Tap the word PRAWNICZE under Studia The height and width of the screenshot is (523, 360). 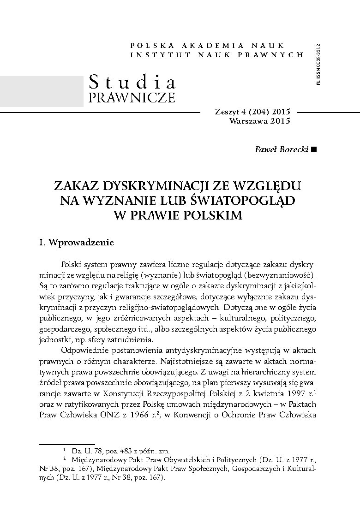132,98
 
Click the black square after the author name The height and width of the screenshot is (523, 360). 314,149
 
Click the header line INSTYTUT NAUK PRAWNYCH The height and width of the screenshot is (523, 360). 217,54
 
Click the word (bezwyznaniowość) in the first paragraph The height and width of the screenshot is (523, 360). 281,275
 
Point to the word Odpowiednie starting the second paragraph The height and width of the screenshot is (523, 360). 85,346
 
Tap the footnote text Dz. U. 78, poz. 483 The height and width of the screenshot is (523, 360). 101,450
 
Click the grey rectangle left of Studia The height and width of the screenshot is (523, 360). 42,91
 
